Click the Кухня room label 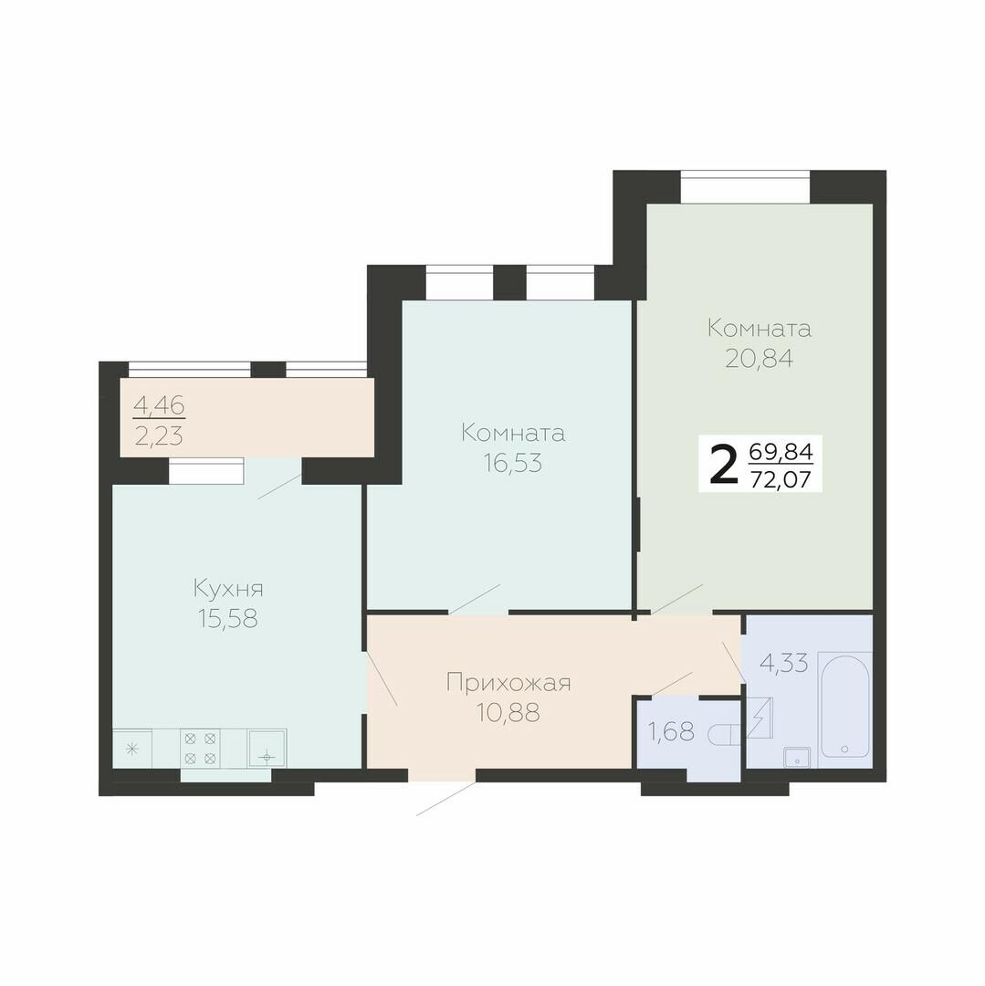click(228, 590)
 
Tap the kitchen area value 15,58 click(228, 619)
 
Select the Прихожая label click(508, 684)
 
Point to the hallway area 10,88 click(508, 713)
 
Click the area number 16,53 click(513, 463)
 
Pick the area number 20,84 click(760, 359)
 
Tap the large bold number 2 click(723, 464)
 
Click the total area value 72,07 click(781, 480)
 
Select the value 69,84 click(781, 452)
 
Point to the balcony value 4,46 click(159, 405)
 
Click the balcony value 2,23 click(159, 435)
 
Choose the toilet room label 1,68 click(671, 731)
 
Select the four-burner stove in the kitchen click(201, 748)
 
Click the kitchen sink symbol click(267, 748)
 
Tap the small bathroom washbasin click(797, 759)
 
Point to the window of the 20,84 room click(745, 187)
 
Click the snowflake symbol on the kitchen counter click(132, 749)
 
